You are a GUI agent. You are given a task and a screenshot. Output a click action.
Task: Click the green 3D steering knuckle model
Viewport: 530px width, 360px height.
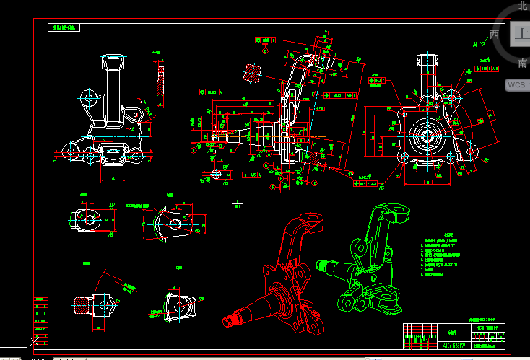tap(372, 260)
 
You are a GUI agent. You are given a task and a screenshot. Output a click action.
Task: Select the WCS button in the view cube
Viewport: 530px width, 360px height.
tap(517, 84)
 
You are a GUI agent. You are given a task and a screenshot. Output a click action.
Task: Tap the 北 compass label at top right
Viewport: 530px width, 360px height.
tap(523, 6)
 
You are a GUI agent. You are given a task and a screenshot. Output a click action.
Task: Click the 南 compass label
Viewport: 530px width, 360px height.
tap(523, 63)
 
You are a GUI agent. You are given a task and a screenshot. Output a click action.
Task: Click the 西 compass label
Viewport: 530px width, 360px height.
tap(494, 35)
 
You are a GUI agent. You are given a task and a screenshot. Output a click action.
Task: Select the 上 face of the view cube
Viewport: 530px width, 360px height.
tap(521, 33)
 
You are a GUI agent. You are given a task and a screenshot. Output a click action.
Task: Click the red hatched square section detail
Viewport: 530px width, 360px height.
tap(251, 73)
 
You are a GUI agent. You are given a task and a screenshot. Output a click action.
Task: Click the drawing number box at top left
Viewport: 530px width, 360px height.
tap(65, 28)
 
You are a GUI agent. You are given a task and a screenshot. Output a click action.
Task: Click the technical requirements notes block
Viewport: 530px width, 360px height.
tap(442, 256)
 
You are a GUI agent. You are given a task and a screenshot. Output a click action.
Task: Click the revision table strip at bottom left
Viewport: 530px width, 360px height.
tap(39, 320)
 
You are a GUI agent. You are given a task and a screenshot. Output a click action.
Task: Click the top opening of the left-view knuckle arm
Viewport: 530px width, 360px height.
tap(112, 57)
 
